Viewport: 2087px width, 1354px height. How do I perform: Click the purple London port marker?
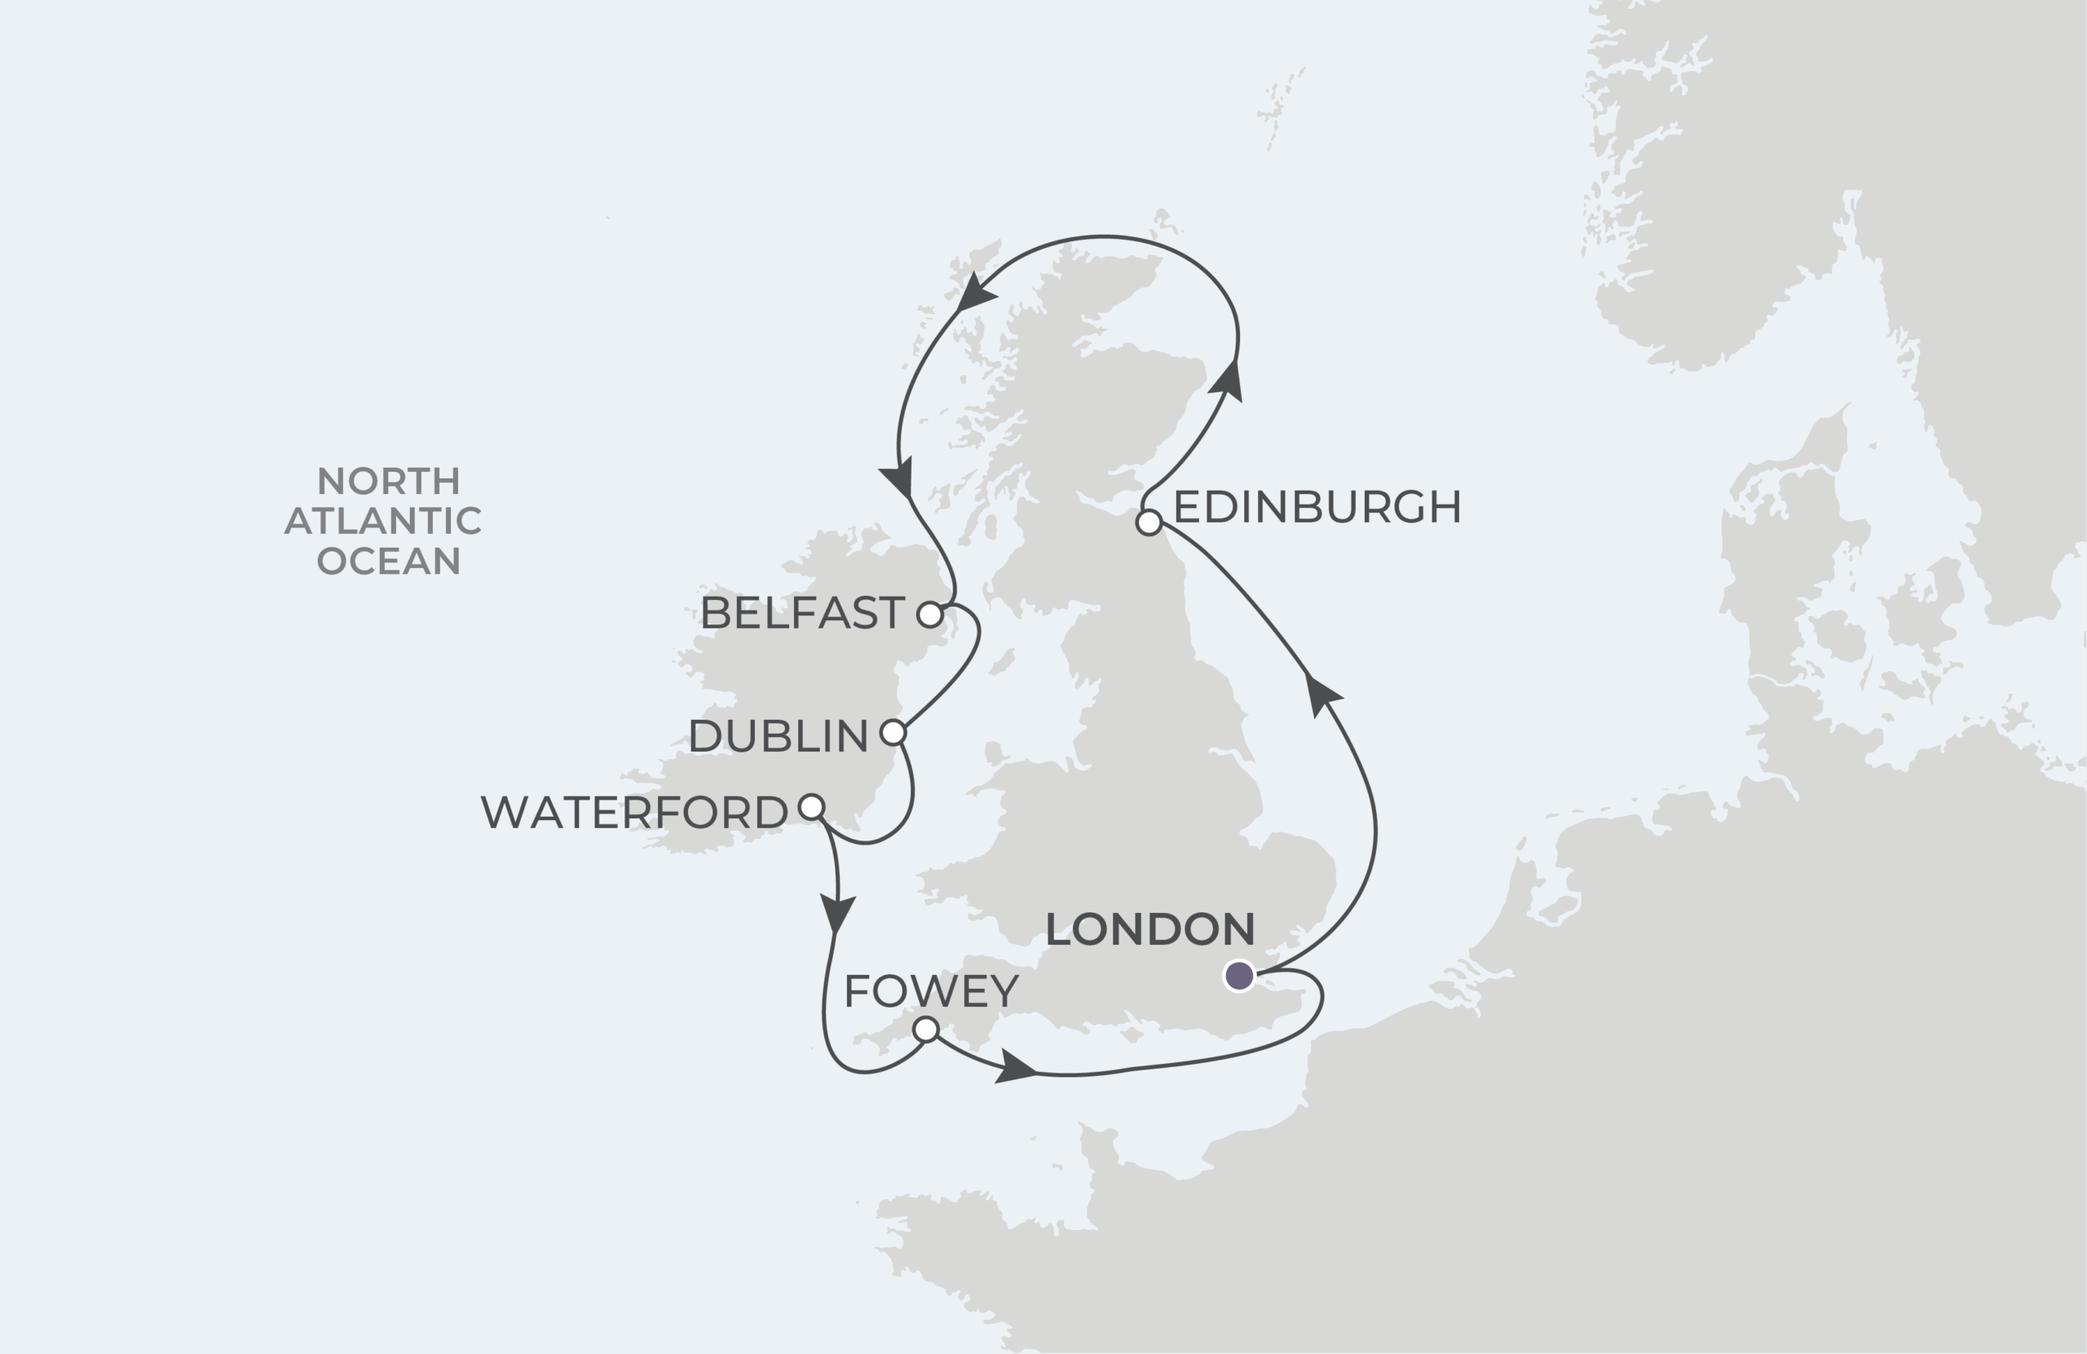[1239, 975]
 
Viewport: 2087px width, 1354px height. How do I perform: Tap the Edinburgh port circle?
[1149, 523]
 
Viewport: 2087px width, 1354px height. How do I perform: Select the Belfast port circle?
[929, 615]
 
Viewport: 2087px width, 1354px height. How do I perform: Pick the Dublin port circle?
[893, 732]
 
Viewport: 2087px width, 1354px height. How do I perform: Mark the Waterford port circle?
[812, 807]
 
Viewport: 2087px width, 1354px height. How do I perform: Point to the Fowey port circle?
[926, 1030]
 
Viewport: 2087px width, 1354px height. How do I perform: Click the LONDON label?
[1149, 929]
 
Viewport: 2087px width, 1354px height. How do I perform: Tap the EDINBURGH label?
[1317, 507]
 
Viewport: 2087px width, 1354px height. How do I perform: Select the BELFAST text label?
[802, 613]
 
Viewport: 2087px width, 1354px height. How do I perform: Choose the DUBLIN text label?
[778, 736]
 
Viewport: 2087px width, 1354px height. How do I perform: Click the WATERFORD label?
[634, 812]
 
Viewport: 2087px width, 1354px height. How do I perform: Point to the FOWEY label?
[931, 991]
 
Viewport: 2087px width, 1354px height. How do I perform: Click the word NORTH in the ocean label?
[389, 482]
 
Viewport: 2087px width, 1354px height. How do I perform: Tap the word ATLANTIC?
[383, 521]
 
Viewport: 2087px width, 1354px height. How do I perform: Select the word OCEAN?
[389, 560]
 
